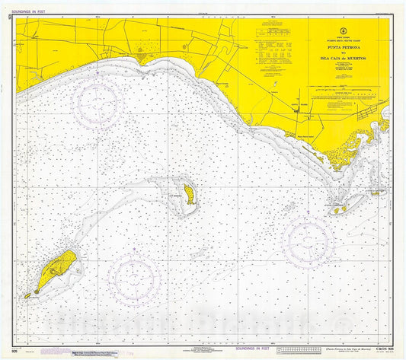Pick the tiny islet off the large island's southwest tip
point(27,295)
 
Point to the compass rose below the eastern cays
point(308,243)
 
